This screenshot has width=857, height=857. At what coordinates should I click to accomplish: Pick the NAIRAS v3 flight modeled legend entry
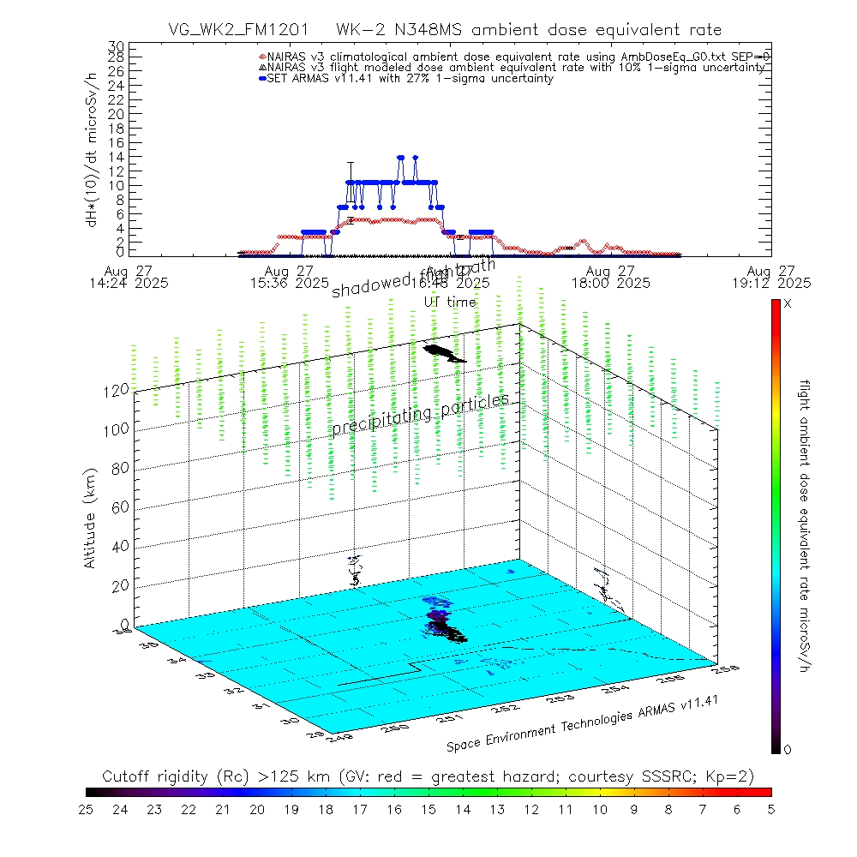(514, 67)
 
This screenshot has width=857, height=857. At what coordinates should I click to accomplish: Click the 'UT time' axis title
(450, 302)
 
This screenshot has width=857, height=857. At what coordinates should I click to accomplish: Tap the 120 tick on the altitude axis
(118, 390)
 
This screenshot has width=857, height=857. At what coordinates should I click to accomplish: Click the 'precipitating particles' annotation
(420, 413)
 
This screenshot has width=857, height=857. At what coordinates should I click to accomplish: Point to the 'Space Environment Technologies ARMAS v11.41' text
(581, 724)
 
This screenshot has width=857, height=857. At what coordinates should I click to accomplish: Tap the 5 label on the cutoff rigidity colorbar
(770, 808)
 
